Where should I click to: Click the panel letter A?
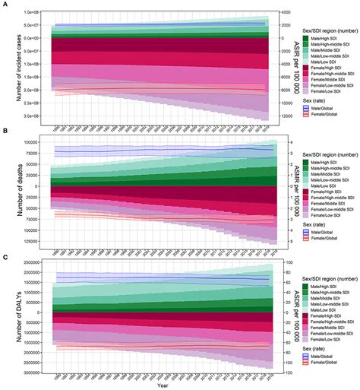coord(5,4)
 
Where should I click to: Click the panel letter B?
coord(5,132)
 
